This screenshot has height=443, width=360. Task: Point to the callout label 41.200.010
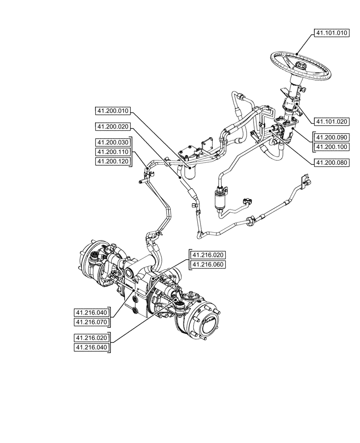coord(113,111)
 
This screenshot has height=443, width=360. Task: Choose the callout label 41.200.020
coord(113,127)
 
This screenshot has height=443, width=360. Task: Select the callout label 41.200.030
coord(113,142)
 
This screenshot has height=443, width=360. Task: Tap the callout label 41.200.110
coord(113,152)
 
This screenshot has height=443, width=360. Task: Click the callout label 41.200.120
coord(113,162)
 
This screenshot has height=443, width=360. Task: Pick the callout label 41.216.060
coord(208,265)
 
